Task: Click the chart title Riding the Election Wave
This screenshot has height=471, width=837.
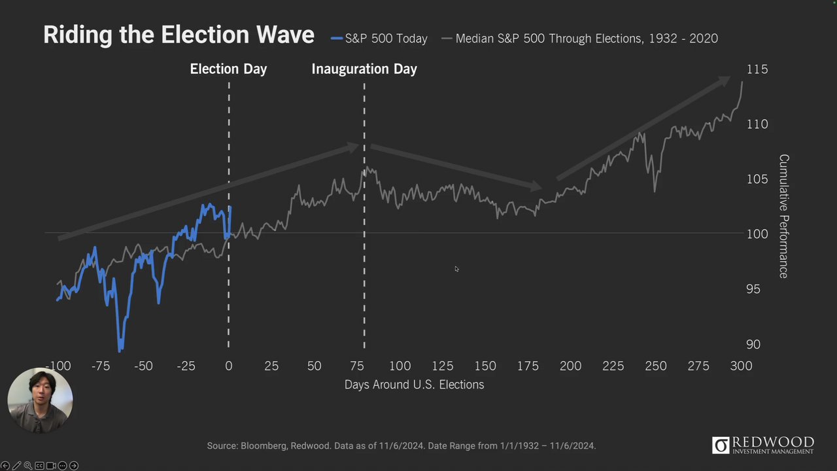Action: (179, 35)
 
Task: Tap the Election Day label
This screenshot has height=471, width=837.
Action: (228, 69)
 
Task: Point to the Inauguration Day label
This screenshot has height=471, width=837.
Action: (364, 69)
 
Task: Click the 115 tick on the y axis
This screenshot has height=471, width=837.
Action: (757, 69)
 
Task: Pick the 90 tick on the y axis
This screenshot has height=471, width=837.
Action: (753, 344)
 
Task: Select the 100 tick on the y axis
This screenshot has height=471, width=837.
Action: (757, 234)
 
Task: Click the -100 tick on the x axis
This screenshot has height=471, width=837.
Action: (58, 366)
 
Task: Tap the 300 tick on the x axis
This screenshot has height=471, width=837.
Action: (741, 366)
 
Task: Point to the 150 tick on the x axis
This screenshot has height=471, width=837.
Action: (485, 366)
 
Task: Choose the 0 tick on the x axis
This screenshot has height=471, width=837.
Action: (228, 366)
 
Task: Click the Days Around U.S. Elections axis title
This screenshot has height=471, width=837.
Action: (414, 385)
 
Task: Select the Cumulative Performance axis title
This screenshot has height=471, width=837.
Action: (783, 217)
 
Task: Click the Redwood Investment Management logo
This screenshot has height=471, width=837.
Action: (763, 445)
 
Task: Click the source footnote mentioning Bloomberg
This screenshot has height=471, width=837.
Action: (401, 446)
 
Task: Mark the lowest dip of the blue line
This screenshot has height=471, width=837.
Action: (120, 349)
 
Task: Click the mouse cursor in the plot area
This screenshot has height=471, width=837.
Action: (456, 268)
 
